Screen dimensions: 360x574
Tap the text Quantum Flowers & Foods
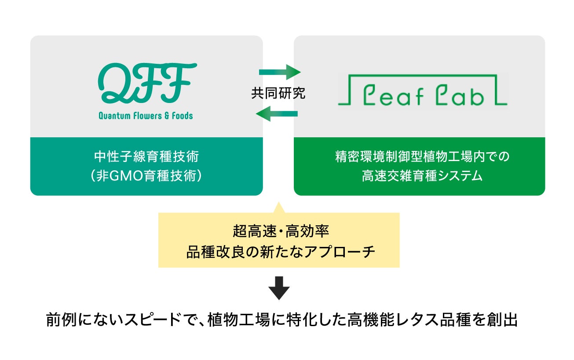tap(146, 116)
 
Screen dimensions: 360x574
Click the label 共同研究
tap(278, 93)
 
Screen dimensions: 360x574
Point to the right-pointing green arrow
tap(279, 71)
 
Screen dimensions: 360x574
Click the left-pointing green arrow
tap(277, 115)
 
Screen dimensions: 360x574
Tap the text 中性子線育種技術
tap(146, 157)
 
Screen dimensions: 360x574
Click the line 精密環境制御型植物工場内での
tap(422, 157)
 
